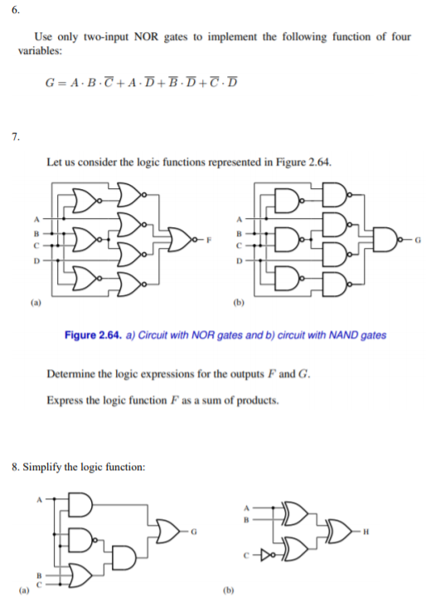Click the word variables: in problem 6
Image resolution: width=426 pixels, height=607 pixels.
point(39,51)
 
